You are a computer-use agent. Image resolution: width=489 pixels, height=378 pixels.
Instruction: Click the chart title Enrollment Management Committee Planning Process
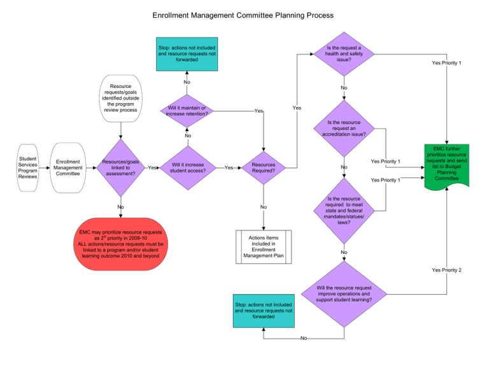[243, 14]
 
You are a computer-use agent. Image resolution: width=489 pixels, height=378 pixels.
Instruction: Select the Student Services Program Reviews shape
[27, 168]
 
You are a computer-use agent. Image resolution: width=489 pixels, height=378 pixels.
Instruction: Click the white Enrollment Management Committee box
[67, 168]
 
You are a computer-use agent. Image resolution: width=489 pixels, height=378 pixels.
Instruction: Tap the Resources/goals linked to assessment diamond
[120, 168]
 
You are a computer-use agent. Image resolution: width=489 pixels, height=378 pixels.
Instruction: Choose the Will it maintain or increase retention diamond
[187, 111]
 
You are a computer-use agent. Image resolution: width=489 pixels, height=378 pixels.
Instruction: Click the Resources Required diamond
[264, 168]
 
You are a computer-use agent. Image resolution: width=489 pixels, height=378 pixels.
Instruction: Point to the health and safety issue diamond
[344, 53]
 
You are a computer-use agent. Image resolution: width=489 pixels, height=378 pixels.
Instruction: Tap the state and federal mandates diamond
[344, 211]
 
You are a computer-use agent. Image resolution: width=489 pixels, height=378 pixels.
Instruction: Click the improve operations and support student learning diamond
[344, 293]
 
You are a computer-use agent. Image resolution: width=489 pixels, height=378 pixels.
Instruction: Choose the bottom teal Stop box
[263, 311]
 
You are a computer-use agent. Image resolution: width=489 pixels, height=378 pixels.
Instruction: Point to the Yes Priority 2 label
[447, 270]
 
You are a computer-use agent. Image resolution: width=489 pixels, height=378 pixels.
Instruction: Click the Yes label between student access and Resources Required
[229, 168]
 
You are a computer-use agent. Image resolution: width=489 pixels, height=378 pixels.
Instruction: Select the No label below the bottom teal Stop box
[304, 339]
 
